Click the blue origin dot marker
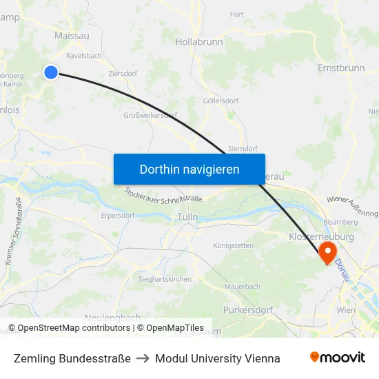[x=51, y=72]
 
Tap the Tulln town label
[x=187, y=217]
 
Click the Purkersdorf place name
[x=248, y=310]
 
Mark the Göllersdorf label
[x=221, y=101]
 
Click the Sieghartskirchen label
[x=166, y=279]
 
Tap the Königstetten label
[x=233, y=245]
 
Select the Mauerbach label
[x=243, y=285]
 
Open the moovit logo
[x=338, y=358]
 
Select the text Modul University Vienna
[x=217, y=358]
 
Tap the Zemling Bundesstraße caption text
[x=72, y=358]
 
